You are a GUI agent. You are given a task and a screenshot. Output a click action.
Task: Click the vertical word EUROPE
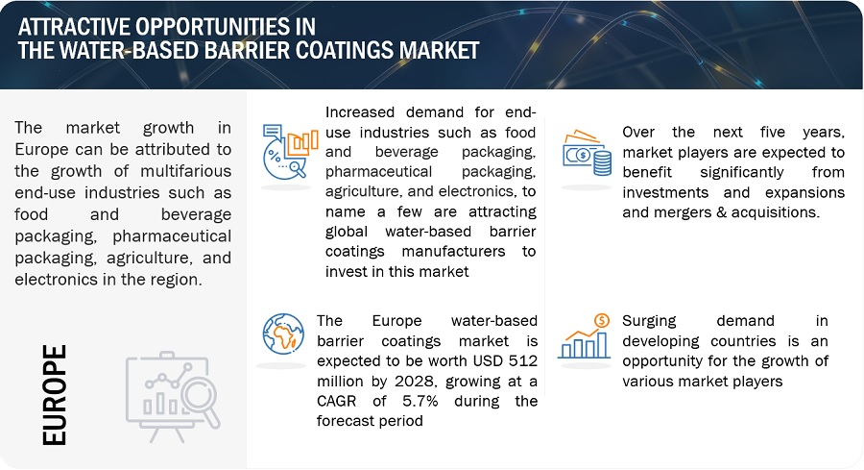point(55,395)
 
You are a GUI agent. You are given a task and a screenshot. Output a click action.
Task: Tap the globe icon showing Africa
point(283,334)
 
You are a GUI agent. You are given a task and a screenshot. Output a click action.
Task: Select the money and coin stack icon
point(587,153)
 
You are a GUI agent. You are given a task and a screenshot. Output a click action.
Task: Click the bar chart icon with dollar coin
point(584,336)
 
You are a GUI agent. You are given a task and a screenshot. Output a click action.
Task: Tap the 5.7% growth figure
point(420,401)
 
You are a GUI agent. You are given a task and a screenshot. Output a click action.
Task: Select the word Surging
point(649,321)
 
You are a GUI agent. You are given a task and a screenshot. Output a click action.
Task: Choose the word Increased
point(360,112)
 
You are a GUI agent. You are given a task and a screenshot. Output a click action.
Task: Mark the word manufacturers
point(453,252)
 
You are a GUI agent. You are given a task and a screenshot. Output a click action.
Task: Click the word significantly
point(742,172)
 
